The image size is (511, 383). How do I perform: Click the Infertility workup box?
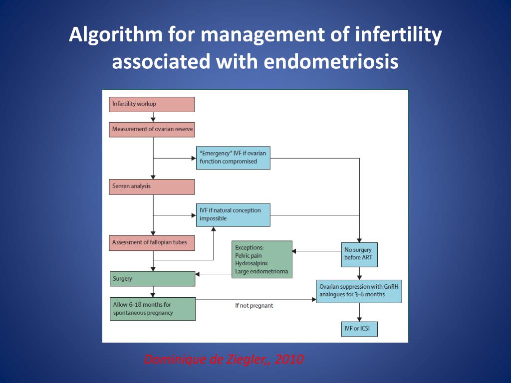point(152,104)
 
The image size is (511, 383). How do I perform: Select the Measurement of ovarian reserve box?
point(152,129)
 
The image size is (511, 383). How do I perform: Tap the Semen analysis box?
point(152,187)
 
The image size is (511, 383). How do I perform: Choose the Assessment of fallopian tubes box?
point(152,243)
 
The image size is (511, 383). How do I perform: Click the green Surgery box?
point(152,278)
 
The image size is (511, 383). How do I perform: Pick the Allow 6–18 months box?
point(152,309)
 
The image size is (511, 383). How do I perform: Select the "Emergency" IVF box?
point(233,158)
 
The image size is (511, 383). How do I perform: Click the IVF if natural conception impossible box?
point(233,214)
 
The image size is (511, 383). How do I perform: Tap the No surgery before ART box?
point(359,254)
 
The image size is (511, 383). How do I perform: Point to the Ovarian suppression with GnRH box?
point(359,291)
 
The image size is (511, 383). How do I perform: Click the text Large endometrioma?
point(261,272)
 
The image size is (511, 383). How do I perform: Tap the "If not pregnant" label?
point(254,305)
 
